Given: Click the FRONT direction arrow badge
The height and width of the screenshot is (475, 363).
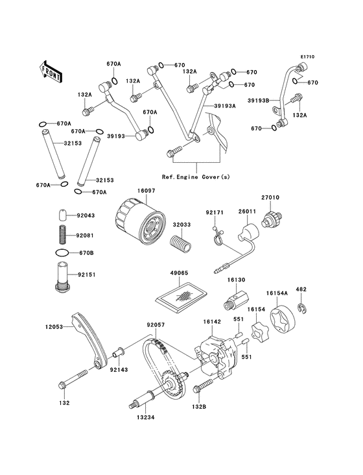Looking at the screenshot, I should (51, 69).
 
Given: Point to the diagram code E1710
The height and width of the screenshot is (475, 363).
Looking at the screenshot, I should (307, 57).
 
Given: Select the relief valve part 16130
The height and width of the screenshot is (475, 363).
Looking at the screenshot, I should (234, 302).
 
